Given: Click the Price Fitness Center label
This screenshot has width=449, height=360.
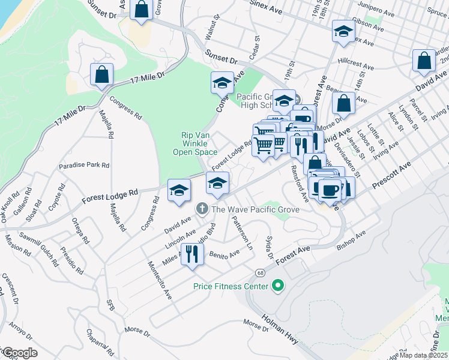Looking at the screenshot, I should tap(230, 287).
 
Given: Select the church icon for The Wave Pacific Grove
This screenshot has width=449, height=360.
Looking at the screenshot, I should tap(202, 209).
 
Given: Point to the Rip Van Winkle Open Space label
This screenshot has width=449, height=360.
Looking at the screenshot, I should tap(199, 144).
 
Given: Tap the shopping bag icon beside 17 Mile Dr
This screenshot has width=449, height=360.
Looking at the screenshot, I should tap(102, 74).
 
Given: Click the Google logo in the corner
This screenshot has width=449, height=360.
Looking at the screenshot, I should tap(19, 353).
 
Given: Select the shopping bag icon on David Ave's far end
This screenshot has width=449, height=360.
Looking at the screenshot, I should tap(424, 61).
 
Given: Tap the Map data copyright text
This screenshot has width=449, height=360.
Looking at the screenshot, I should tap(423, 355).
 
